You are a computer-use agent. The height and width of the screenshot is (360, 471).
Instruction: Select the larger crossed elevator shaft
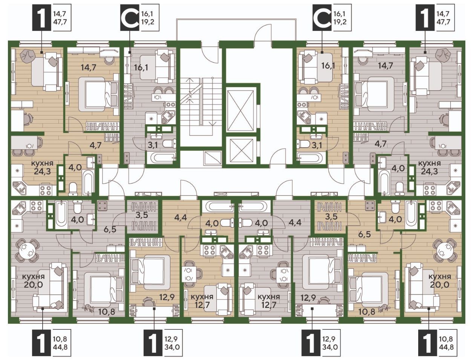click(x=240, y=109)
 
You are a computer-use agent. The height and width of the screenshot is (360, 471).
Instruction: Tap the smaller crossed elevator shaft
click(x=240, y=151)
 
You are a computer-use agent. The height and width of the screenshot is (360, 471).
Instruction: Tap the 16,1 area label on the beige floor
click(x=328, y=66)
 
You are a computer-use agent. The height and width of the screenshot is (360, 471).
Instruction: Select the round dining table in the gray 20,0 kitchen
click(x=26, y=249)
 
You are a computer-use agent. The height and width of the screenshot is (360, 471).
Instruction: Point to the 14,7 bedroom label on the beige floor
click(x=88, y=68)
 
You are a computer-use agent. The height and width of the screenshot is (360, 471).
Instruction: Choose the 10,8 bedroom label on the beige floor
click(x=359, y=312)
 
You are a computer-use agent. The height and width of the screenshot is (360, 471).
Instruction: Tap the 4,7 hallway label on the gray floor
click(x=380, y=144)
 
